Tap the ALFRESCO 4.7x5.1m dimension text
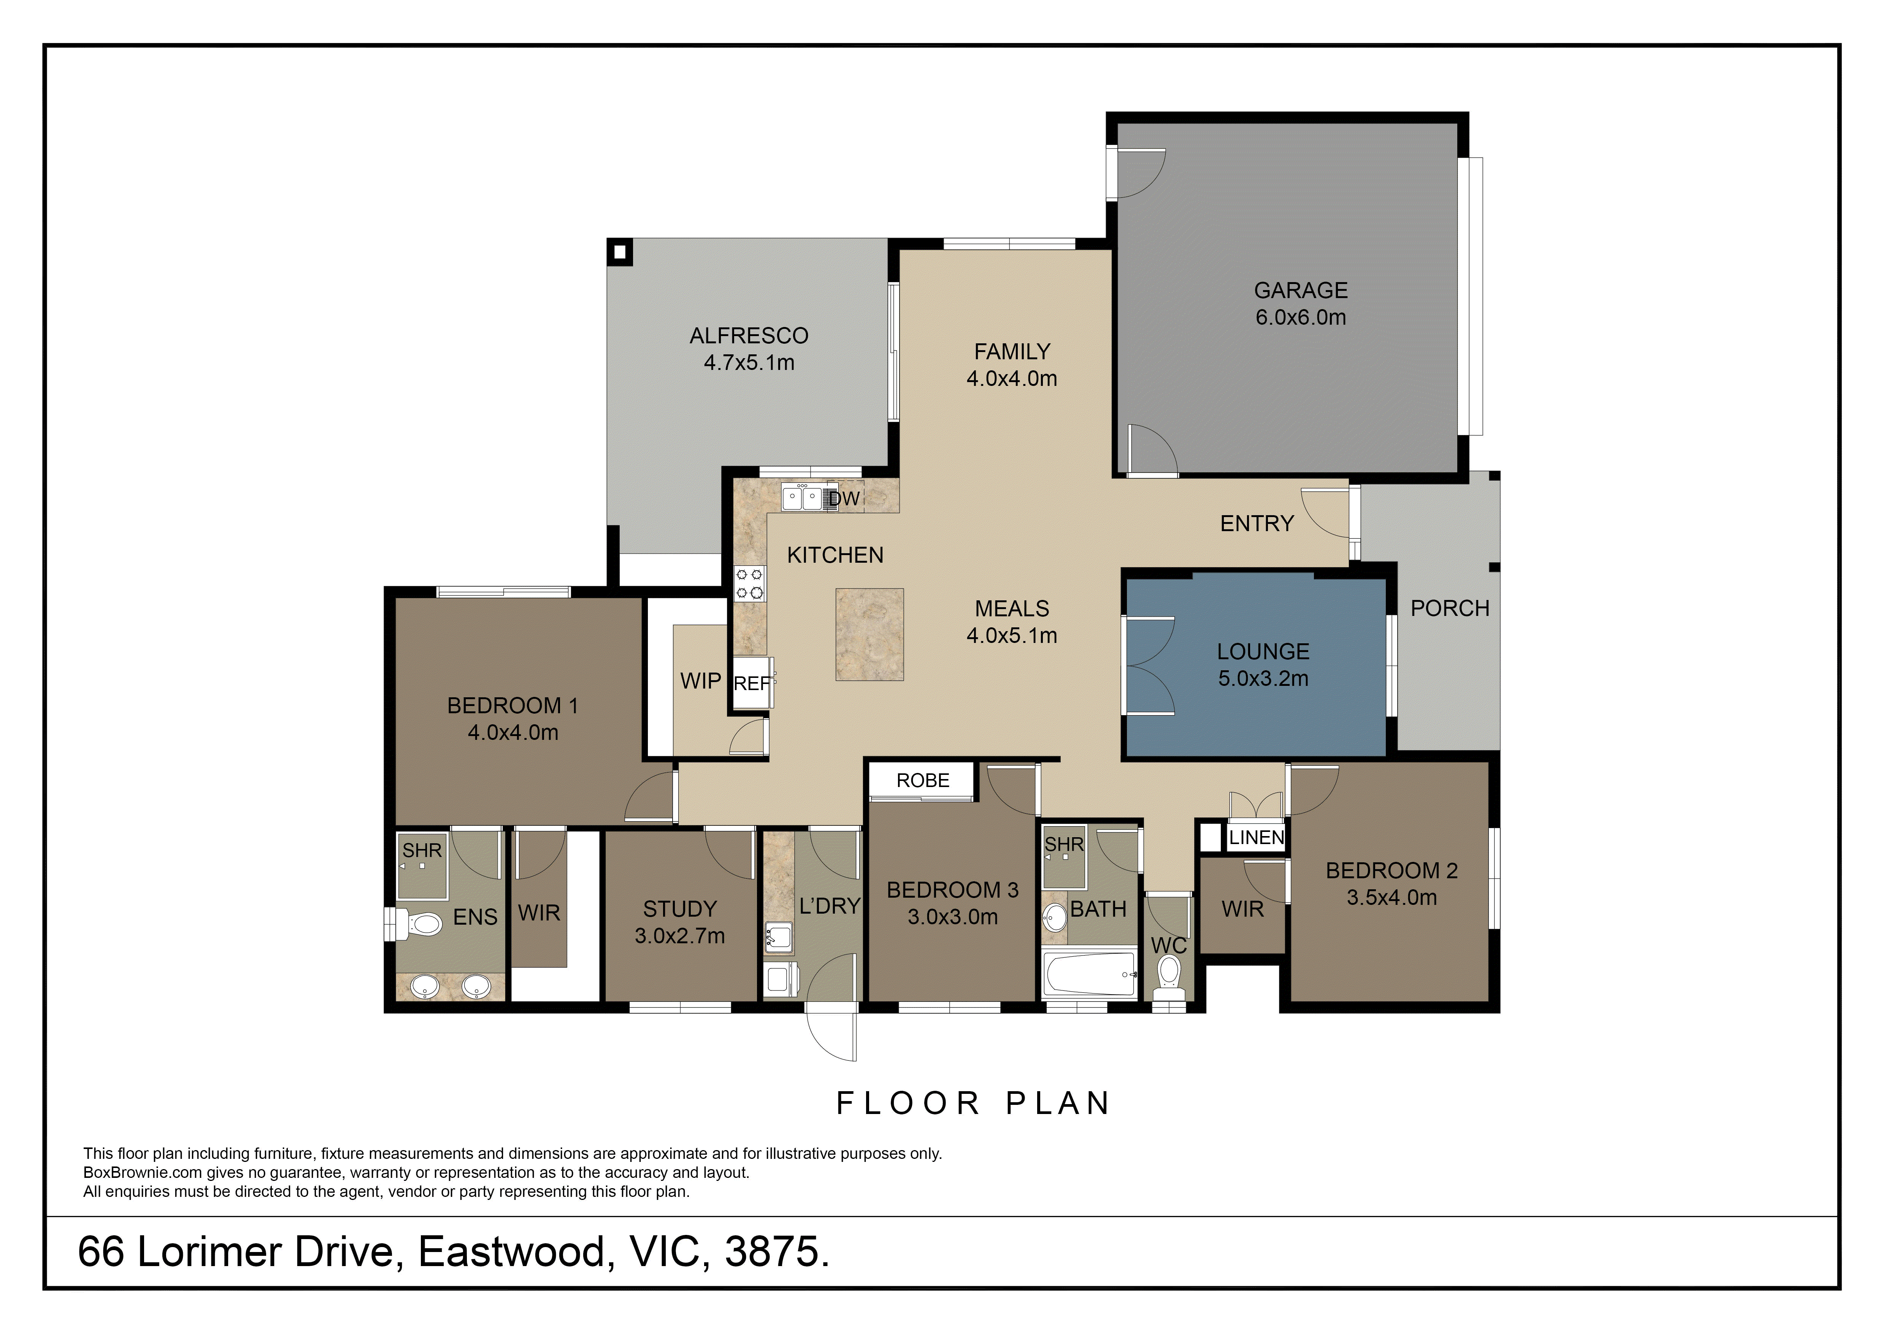coord(749,363)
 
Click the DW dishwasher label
coord(844,498)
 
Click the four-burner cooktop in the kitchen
coord(750,584)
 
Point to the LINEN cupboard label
coord(1256,838)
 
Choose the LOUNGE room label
coord(1263,652)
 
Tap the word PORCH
coord(1449,608)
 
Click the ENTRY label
coord(1256,524)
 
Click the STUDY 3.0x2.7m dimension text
coord(680,936)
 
